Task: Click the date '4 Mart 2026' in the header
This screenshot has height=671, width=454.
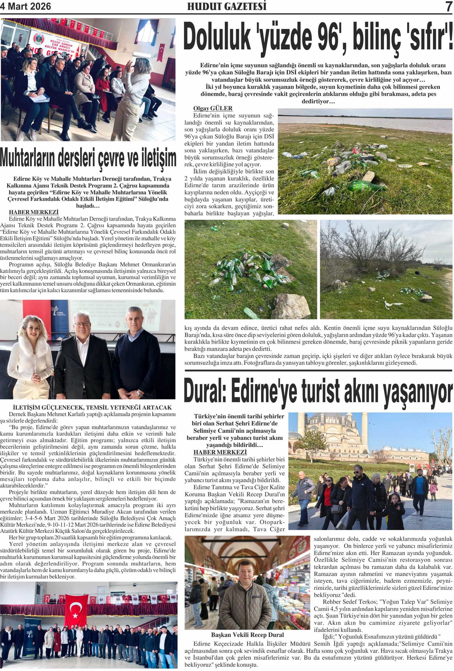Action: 26,6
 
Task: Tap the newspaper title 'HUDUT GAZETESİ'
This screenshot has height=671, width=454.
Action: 226,7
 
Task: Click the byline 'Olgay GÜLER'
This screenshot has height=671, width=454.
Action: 213,108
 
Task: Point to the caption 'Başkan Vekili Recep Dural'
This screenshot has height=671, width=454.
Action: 247,635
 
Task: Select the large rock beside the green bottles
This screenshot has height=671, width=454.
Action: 290,306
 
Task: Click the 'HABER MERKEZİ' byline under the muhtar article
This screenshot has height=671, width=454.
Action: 33,212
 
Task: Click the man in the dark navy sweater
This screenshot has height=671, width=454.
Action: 136,358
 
